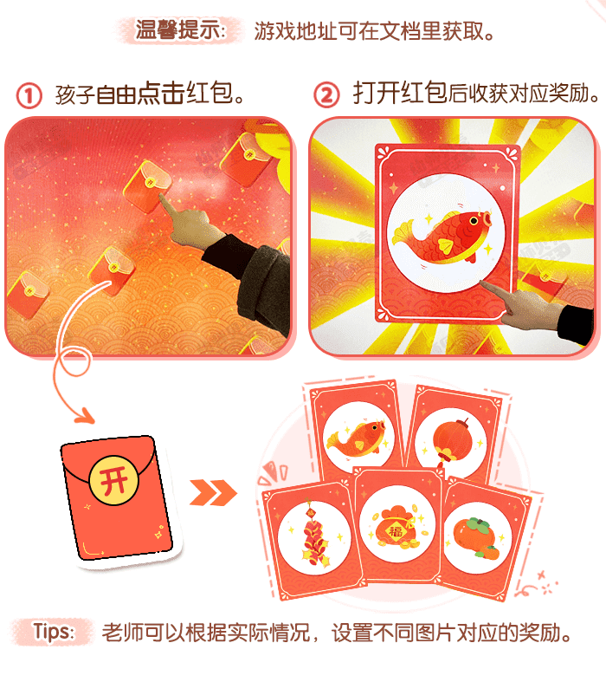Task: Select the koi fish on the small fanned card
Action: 355,436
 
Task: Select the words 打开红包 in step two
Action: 399,94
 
